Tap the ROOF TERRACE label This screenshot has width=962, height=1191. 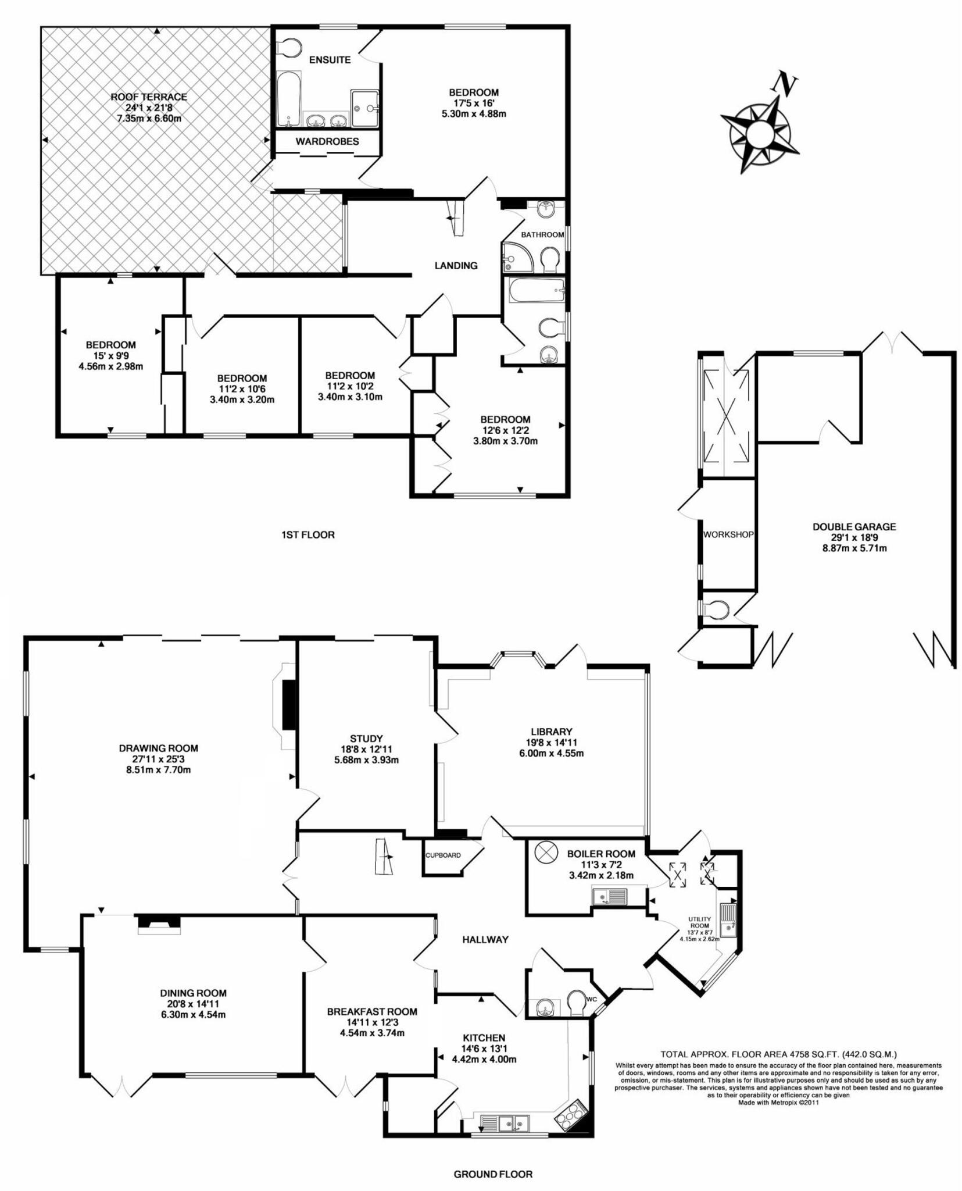tap(149, 97)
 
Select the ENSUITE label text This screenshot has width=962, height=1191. tap(330, 60)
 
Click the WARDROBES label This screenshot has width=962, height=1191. tap(327, 141)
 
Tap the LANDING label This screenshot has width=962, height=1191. tap(456, 265)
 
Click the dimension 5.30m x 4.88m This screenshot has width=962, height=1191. tap(473, 113)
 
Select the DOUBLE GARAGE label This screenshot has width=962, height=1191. tap(853, 527)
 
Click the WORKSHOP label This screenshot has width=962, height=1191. tap(728, 534)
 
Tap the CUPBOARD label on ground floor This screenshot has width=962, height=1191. tap(443, 855)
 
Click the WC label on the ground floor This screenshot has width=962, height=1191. tap(592, 999)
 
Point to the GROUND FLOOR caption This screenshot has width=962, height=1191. tap(492, 1174)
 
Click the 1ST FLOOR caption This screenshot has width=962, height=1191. tap(307, 534)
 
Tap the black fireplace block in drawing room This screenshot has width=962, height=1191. tap(289, 704)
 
